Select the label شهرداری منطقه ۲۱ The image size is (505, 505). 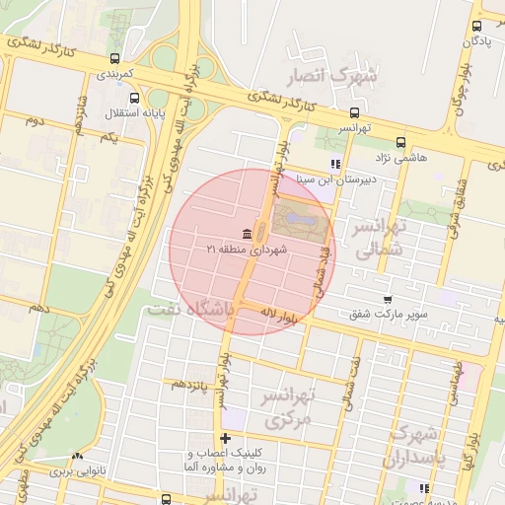coord(246,251)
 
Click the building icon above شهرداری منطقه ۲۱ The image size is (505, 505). coord(246,234)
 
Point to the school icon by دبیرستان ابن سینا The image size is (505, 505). coord(336,164)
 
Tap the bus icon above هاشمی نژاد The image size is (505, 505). coord(399,142)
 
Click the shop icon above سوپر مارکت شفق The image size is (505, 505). coord(388,299)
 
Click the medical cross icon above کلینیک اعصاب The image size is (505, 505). coord(226,438)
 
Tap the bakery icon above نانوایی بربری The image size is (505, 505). coord(77,457)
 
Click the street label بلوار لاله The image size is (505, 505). coord(279,316)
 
